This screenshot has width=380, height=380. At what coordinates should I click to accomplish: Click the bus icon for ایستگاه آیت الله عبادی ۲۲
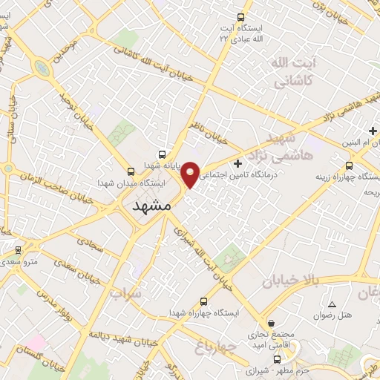(240, 17)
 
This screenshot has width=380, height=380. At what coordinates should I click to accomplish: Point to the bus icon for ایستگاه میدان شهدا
(131, 170)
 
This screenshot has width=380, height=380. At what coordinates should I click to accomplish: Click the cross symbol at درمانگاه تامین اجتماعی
(237, 163)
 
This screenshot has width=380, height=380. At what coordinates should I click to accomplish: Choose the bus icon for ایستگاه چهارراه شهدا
(204, 301)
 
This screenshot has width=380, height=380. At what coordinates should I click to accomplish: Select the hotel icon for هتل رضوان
(332, 305)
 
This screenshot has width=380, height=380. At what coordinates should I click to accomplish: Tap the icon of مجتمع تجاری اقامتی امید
(272, 324)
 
